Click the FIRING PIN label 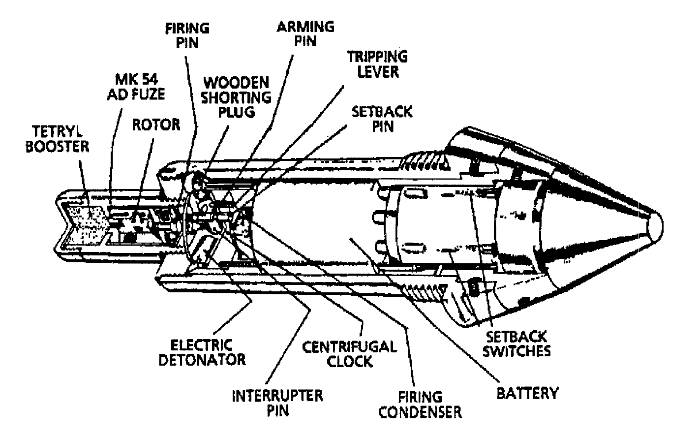187,35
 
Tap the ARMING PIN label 305,34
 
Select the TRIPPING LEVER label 378,64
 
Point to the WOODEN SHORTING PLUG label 236,97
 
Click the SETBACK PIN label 382,119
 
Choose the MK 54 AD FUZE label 136,87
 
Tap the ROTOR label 156,125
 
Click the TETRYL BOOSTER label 57,139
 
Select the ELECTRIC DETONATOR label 202,352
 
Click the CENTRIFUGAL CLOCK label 349,354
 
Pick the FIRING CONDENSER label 420,405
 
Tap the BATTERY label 528,393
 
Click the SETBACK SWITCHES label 517,344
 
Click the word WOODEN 236,83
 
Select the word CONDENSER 420,412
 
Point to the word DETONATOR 202,360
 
